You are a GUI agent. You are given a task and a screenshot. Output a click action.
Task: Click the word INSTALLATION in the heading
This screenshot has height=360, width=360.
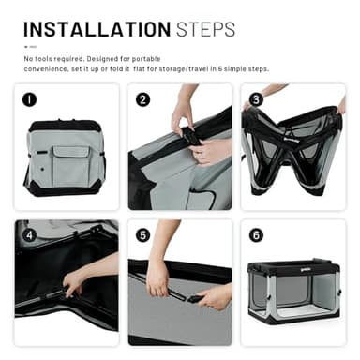pos(97,30)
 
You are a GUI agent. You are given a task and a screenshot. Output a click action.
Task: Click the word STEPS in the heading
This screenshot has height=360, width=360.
pos(205,30)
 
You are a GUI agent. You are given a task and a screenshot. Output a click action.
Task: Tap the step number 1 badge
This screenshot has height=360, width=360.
pos(29,99)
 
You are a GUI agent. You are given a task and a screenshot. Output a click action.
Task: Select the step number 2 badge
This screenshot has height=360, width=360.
pos(142,99)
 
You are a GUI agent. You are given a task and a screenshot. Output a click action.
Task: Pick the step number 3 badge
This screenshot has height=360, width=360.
pos(256,99)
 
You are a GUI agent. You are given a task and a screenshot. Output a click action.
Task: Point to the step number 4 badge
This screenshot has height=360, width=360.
pos(29,235)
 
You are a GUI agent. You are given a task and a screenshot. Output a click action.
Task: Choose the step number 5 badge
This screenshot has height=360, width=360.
pos(142,235)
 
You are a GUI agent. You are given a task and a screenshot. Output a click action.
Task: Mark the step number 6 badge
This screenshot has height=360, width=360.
pos(256,235)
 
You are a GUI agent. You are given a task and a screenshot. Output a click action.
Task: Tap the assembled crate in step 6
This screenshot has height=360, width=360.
pos(294,291)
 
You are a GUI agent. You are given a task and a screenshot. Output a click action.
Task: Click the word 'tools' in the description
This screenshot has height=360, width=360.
pos(43,59)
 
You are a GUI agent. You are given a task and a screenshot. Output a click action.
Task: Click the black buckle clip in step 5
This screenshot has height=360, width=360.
pos(197,299)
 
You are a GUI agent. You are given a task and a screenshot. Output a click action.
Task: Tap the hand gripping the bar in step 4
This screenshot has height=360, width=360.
pos(73,283)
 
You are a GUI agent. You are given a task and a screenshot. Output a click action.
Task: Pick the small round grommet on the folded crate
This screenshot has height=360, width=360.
pos(42,169)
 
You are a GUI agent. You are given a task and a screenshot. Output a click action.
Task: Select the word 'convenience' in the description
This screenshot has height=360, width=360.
pos(46,69)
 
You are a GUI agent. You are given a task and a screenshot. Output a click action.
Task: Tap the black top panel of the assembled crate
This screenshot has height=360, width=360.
pos(293,265)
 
